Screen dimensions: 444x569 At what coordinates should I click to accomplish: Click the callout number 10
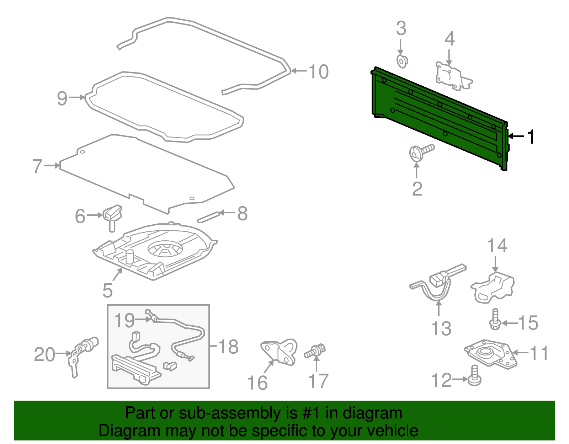(318, 72)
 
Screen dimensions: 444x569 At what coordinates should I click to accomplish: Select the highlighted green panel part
(437, 117)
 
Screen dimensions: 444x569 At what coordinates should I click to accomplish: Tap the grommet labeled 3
(402, 62)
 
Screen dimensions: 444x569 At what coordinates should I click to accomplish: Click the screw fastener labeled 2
(420, 153)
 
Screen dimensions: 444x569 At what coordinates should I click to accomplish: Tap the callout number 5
(107, 290)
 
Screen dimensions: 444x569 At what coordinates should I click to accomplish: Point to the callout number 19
(124, 321)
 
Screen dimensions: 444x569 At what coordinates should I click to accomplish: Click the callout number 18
(228, 347)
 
